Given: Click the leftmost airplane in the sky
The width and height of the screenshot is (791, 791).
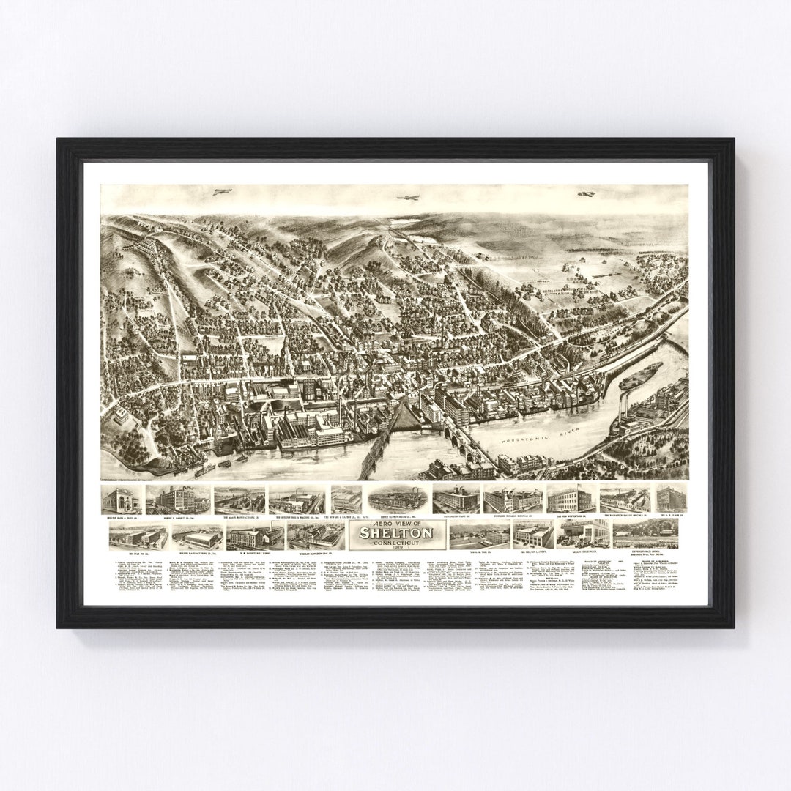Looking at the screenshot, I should (218, 192).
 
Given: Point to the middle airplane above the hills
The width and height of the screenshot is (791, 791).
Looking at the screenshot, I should (406, 197).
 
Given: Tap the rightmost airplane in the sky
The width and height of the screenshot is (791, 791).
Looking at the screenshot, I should (584, 194).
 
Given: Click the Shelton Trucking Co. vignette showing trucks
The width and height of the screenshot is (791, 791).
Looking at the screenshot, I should (582, 534).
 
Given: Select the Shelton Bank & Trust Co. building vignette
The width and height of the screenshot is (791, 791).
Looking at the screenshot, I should (122, 500).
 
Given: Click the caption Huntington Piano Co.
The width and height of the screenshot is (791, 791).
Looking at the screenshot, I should (456, 516).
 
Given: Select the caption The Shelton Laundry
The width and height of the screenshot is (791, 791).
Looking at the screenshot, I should (532, 551).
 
